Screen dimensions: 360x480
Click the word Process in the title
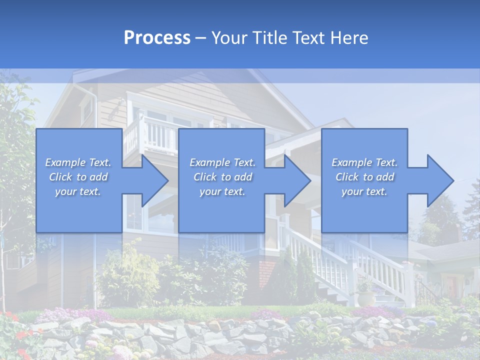pyautogui.click(x=157, y=38)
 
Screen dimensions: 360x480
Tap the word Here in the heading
pyautogui.click(x=349, y=38)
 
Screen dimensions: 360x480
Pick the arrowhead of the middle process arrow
pyautogui.click(x=296, y=180)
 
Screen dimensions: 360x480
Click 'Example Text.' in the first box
pyautogui.click(x=78, y=162)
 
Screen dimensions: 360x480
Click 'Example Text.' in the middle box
pyautogui.click(x=222, y=162)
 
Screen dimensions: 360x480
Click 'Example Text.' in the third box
pyautogui.click(x=364, y=162)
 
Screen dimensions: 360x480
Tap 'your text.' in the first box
pyautogui.click(x=78, y=191)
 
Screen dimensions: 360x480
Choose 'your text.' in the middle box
pyautogui.click(x=222, y=191)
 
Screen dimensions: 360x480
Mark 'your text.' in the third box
pyautogui.click(x=364, y=191)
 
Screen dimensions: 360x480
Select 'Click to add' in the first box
pyautogui.click(x=78, y=177)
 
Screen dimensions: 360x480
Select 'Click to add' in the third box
pyautogui.click(x=364, y=177)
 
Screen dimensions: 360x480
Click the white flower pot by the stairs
pyautogui.click(x=366, y=298)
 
